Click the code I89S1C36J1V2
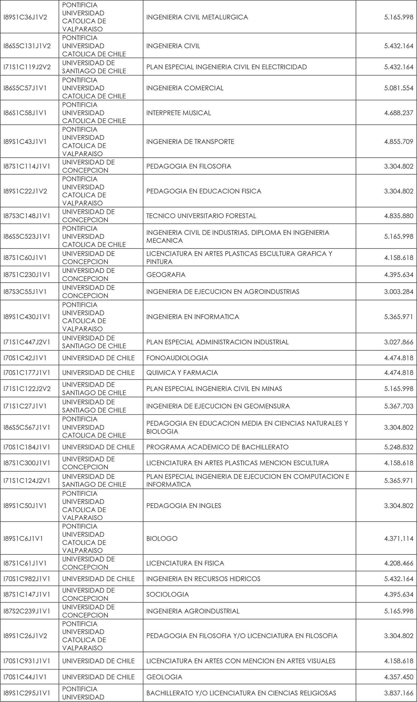pyautogui.click(x=25, y=18)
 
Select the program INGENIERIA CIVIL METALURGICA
pyautogui.click(x=197, y=18)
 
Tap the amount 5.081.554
pyautogui.click(x=398, y=88)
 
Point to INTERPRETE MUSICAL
pyautogui.click(x=178, y=113)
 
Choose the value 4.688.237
pyautogui.click(x=398, y=113)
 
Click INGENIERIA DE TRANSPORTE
pyautogui.click(x=190, y=141)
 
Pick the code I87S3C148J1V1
pyautogui.click(x=27, y=216)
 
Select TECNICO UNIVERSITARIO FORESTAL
pyautogui.click(x=201, y=216)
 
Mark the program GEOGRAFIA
pyautogui.click(x=166, y=275)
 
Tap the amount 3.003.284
pyautogui.click(x=398, y=292)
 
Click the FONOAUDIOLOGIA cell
pyautogui.click(x=177, y=358)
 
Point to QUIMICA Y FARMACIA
pyautogui.click(x=182, y=372)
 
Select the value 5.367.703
pyautogui.click(x=398, y=406)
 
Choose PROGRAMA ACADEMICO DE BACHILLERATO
pyautogui.click(x=217, y=447)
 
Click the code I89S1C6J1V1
pyautogui.click(x=23, y=538)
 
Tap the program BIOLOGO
pyautogui.click(x=162, y=538)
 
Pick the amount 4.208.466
pyautogui.click(x=398, y=563)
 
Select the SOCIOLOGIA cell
pyautogui.click(x=167, y=594)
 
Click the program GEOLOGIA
pyautogui.click(x=164, y=677)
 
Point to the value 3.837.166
pyautogui.click(x=398, y=693)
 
